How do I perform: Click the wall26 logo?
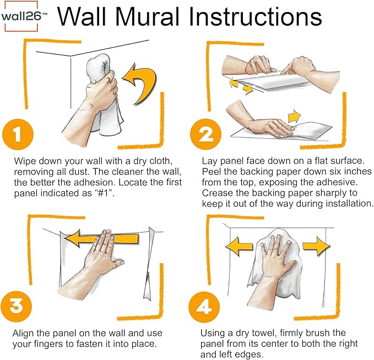[24, 16]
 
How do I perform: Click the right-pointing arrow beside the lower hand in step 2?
[294, 116]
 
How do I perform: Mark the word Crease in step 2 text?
[217, 193]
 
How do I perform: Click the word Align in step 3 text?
[23, 333]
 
